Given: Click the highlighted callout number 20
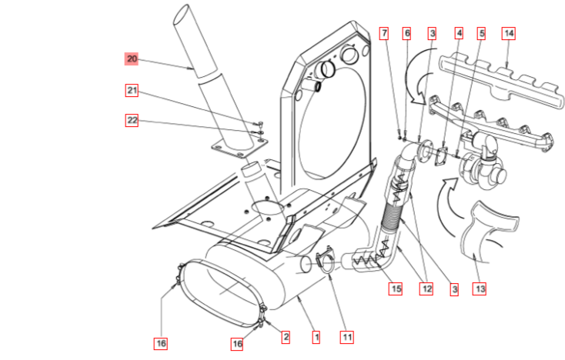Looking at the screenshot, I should [132, 58].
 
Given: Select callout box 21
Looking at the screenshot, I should [132, 92].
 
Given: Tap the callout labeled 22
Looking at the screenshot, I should [132, 119].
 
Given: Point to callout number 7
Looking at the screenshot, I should [384, 33].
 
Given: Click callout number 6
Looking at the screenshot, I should [407, 33].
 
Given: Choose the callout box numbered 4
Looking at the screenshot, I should [459, 33].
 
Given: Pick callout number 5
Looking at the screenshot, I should [482, 33].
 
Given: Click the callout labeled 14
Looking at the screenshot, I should [509, 33].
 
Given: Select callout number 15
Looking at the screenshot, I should [396, 289].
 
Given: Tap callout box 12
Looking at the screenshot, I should [426, 289].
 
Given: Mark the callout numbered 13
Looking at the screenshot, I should [480, 289].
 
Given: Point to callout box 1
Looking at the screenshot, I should [315, 336].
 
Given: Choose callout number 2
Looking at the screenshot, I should [285, 336].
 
